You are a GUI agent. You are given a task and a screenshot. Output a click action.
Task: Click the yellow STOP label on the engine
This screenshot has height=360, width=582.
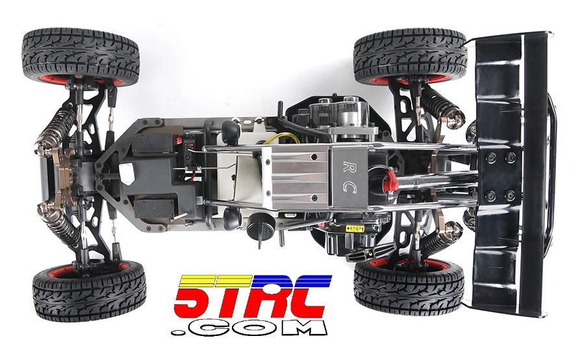coord(355,228)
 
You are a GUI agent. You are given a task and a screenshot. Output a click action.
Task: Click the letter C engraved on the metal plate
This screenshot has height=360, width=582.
coord(349,188)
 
